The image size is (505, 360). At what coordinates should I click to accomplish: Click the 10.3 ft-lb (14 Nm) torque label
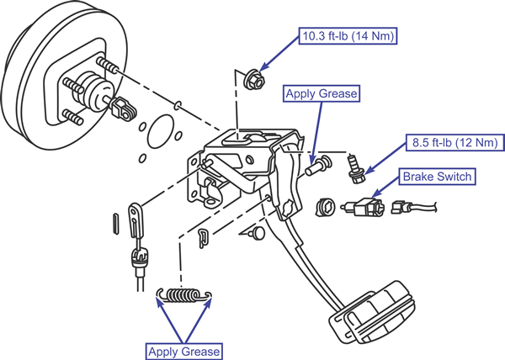coord(348,35)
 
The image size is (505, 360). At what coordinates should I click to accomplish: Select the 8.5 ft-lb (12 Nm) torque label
coord(455,142)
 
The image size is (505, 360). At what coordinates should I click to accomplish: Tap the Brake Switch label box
coord(437,177)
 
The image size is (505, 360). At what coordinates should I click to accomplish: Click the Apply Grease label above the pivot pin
coord(322,93)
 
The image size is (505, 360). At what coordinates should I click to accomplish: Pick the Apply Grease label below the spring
coord(183,352)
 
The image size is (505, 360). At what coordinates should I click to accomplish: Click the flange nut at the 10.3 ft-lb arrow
coord(254,79)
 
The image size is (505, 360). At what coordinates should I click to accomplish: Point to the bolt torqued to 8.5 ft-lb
coord(355,169)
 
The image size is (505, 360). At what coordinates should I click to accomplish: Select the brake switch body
coord(363,207)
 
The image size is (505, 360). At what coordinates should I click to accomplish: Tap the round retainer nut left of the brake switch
coord(325,208)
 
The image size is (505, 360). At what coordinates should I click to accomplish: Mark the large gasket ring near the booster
coord(161,131)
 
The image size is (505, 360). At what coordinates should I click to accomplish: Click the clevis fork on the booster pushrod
coord(124,109)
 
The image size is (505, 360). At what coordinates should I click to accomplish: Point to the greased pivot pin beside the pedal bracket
coord(318,165)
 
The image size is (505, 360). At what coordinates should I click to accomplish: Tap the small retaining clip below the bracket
coord(203,238)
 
